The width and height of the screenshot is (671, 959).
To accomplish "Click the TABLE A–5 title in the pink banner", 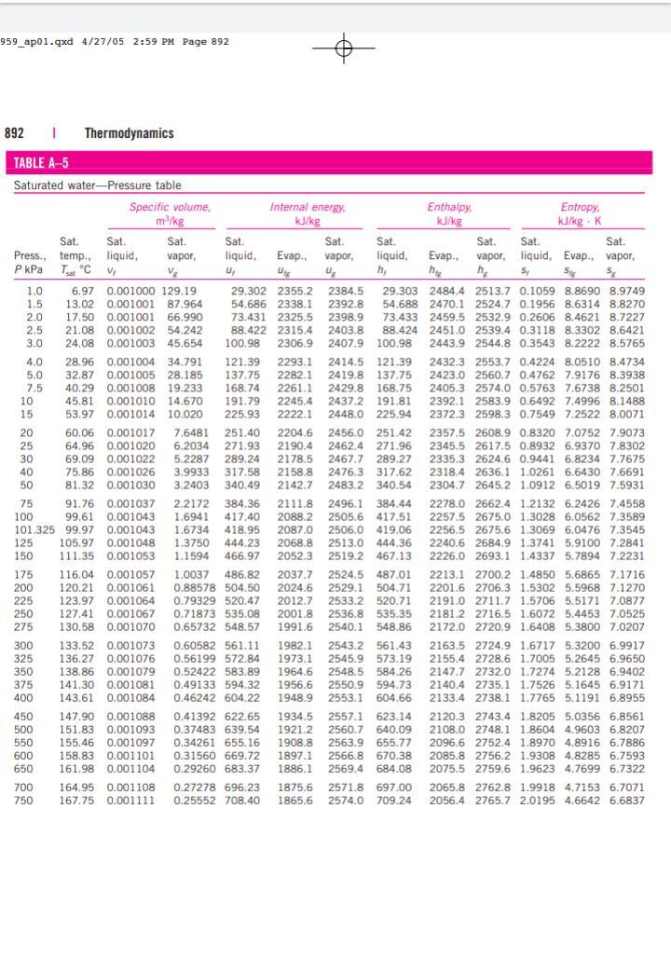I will click(x=42, y=164).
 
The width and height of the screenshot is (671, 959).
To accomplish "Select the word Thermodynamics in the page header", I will click(x=130, y=133).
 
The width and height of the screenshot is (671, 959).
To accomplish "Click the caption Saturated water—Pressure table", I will click(x=98, y=185).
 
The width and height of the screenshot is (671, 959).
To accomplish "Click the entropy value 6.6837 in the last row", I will click(x=626, y=800).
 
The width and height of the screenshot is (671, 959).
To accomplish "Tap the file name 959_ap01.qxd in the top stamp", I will click(x=31, y=41).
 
